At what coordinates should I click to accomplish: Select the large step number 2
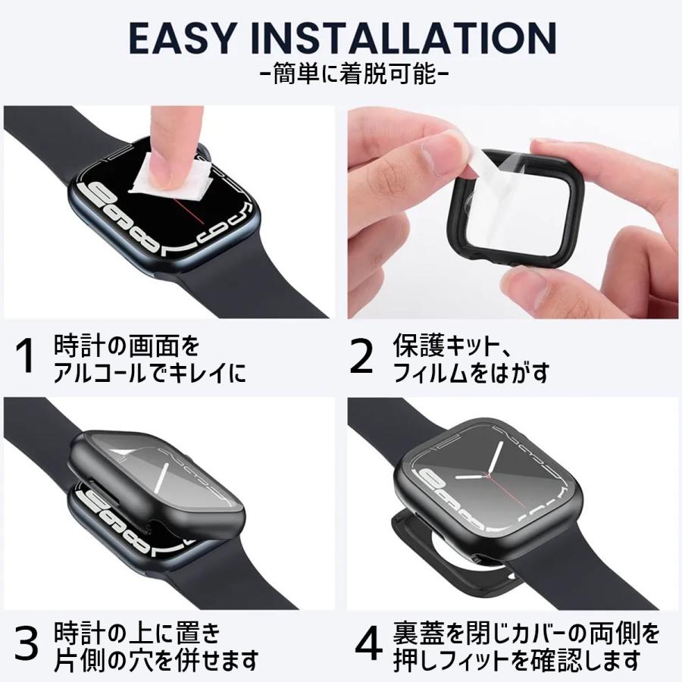pos(361,357)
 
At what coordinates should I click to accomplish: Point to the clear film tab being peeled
pos(487,163)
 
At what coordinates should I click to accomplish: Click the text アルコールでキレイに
pos(149,374)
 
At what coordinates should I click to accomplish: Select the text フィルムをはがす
pos(471,373)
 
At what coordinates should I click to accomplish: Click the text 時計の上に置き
pos(137,634)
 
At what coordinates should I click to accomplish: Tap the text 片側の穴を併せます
pos(155,662)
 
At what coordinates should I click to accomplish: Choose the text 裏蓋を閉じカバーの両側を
pos(527,634)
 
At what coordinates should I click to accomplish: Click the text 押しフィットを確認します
pos(516,662)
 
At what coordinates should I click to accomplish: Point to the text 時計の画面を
pos(127,346)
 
